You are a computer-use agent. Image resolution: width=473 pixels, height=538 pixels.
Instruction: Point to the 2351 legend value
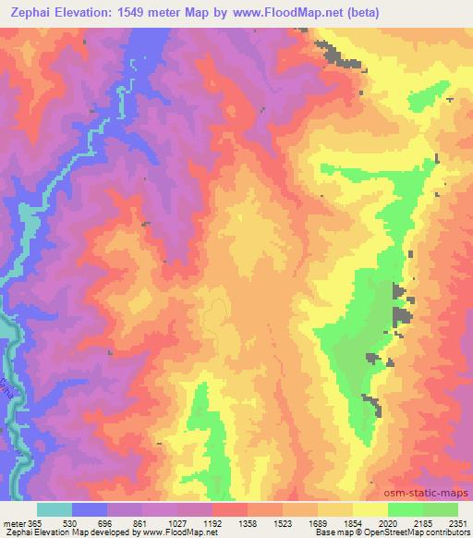pyautogui.click(x=455, y=522)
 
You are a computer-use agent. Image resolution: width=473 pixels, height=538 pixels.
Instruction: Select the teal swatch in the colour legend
pyautogui.click(x=55, y=509)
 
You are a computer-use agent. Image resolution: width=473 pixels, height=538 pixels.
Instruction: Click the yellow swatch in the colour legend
pyautogui.click(x=370, y=509)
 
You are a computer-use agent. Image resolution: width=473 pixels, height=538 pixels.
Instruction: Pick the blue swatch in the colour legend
pyautogui.click(x=90, y=509)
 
